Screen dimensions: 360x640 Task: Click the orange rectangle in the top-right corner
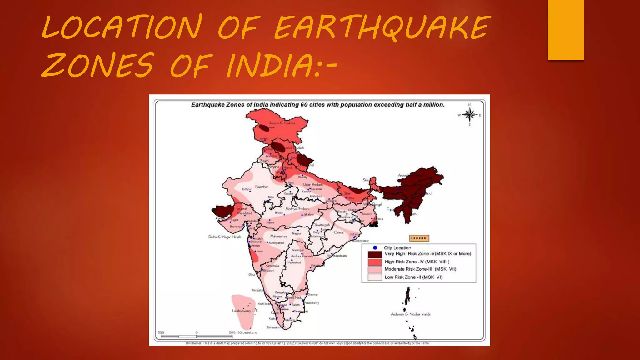[x=566, y=30]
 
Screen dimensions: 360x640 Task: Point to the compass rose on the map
[x=469, y=115]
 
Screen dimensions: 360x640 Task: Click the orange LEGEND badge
[x=419, y=238]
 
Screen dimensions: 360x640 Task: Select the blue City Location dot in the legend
[x=375, y=248]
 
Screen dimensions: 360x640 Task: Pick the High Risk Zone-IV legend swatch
[x=375, y=262]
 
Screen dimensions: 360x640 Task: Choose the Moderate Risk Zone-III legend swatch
[x=375, y=269]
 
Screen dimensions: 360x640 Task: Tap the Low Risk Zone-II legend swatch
[x=375, y=277]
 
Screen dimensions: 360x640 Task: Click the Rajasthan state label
[x=262, y=187]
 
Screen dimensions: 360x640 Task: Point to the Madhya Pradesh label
[x=297, y=209]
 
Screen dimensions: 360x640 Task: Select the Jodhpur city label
[x=247, y=189]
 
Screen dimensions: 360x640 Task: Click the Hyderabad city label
[x=294, y=262]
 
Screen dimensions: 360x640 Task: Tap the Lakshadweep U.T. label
[x=245, y=311]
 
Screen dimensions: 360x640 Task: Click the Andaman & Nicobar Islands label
[x=411, y=314]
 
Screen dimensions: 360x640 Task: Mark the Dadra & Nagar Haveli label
[x=224, y=237]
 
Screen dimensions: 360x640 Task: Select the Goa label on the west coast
[x=252, y=275]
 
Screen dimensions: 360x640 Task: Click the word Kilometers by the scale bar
[x=247, y=332]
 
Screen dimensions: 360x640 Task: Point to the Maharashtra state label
[x=279, y=236]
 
